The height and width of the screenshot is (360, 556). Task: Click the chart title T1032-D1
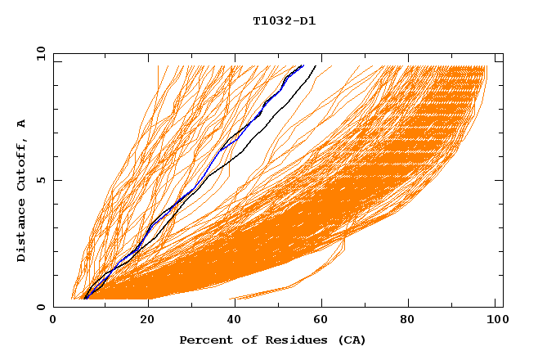pos(284,21)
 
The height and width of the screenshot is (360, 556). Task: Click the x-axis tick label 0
pos(53,322)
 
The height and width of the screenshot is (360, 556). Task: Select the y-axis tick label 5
pos(39,180)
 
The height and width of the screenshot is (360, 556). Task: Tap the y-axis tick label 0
pos(39,308)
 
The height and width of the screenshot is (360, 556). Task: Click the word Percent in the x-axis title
pos(204,340)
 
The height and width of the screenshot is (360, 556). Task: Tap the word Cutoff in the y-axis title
pos(22,163)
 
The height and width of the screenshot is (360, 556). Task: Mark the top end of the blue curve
pos(303,65)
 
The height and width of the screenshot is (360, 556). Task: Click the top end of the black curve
pos(316,65)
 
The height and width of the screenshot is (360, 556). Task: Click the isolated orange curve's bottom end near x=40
pos(231,299)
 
